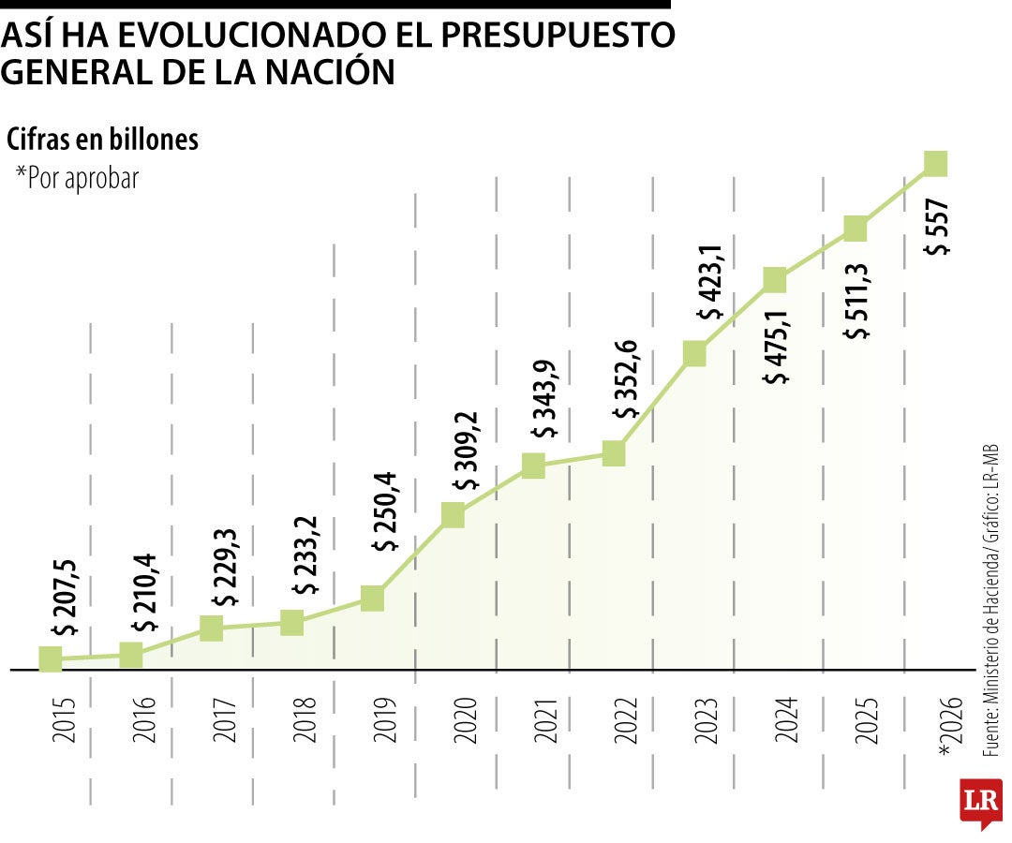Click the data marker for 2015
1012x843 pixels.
point(51,658)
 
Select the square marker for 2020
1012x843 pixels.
point(453,514)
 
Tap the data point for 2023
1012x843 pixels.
point(694,353)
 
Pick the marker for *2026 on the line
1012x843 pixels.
point(935,163)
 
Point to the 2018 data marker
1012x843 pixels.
point(292,622)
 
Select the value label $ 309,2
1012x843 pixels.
point(466,451)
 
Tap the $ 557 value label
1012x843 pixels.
point(937,228)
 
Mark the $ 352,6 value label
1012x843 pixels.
point(626,380)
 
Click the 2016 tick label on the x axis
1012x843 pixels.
point(144,720)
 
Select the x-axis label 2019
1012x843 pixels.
point(385,720)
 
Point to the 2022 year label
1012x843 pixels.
point(626,720)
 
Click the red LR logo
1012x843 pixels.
point(981,802)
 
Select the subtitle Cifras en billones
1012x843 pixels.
point(102,140)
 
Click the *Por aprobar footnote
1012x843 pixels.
point(77,177)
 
